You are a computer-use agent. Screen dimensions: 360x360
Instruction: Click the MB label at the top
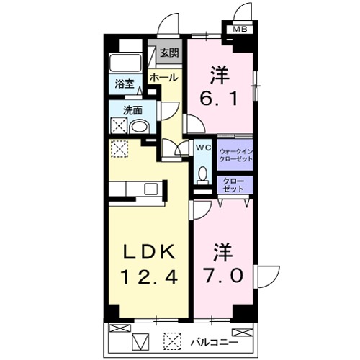(238, 30)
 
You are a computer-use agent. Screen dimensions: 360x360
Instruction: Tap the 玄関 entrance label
(171, 53)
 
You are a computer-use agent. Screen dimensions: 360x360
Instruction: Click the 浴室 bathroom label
(125, 84)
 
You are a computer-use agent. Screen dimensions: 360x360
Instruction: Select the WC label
(203, 148)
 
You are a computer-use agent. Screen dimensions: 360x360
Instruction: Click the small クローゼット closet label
(234, 183)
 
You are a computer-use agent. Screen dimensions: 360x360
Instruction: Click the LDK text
(150, 252)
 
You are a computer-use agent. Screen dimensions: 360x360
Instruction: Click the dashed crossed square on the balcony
(172, 338)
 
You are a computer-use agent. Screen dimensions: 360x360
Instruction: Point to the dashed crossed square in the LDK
(120, 150)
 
